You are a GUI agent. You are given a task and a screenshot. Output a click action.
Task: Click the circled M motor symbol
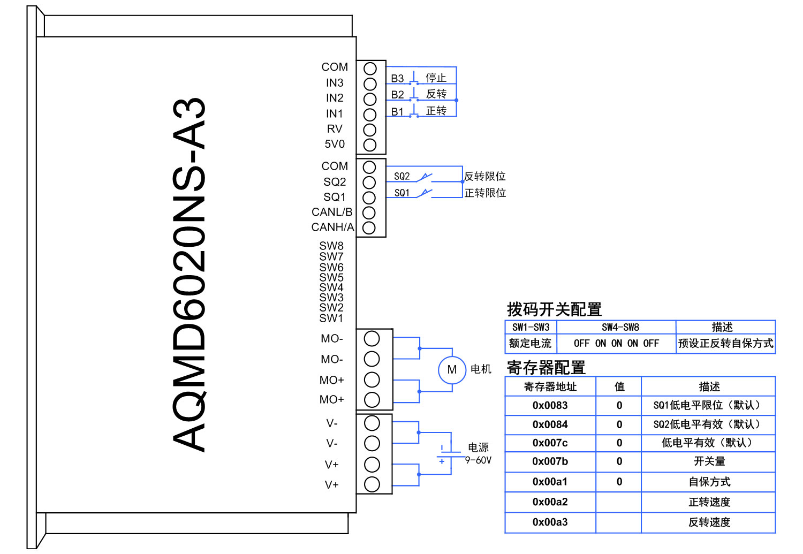(452, 370)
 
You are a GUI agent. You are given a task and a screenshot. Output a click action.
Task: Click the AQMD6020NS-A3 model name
(189, 275)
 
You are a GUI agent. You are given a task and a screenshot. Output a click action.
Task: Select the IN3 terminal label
(335, 83)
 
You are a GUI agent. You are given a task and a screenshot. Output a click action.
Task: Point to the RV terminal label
(335, 129)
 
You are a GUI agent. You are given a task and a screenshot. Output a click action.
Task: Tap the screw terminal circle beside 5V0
(370, 145)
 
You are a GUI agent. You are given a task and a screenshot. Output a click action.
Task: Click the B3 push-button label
(397, 79)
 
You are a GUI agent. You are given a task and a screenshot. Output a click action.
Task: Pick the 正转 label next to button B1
(436, 111)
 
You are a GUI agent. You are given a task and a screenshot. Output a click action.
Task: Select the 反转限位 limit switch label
(484, 176)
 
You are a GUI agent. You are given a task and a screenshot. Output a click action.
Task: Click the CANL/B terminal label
(332, 212)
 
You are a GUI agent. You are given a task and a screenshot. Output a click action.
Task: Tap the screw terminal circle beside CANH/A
(369, 228)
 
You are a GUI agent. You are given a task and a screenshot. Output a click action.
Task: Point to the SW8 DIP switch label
(331, 246)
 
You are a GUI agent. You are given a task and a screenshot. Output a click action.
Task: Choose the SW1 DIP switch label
(331, 318)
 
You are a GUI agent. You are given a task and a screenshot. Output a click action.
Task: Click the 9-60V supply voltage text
(478, 460)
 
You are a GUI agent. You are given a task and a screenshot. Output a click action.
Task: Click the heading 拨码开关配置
(554, 309)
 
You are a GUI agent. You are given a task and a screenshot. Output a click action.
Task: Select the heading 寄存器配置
(546, 368)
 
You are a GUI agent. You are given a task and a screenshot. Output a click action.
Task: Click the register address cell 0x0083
(550, 405)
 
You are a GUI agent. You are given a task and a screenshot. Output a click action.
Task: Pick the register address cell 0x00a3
(550, 522)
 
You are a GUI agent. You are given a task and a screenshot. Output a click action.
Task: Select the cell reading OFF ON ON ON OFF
(616, 344)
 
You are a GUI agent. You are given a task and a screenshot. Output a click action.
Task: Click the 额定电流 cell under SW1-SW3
(530, 344)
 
